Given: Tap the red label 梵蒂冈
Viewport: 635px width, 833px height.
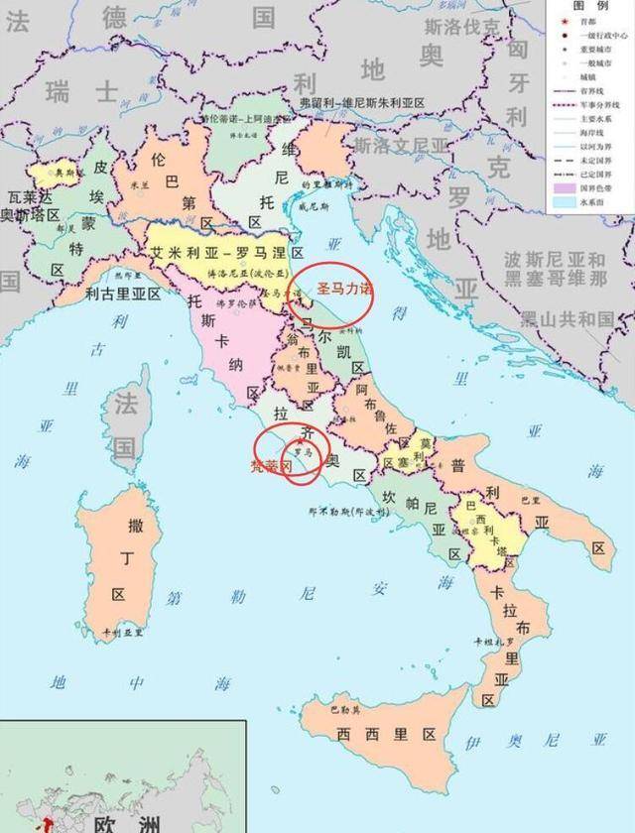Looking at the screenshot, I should click(269, 464).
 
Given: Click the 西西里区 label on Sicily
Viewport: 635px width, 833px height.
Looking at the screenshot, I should click(386, 735).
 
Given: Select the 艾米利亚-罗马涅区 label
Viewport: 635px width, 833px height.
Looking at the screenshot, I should click(227, 254).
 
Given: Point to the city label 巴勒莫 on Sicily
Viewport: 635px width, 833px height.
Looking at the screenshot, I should click(344, 709).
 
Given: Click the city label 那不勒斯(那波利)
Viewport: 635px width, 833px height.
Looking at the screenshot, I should click(338, 514).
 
